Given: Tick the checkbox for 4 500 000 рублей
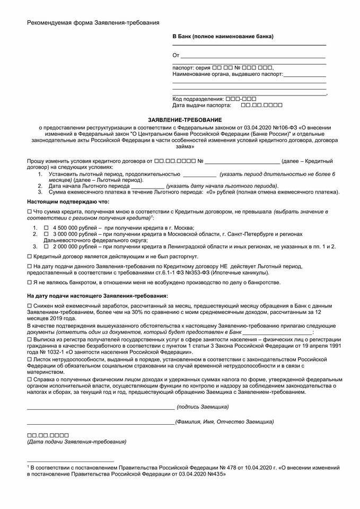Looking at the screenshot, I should (x=46, y=227).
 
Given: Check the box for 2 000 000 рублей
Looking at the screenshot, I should (x=46, y=246).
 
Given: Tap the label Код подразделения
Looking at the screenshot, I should (x=198, y=99).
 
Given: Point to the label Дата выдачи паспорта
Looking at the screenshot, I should (x=203, y=106).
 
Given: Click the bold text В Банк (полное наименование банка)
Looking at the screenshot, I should (x=223, y=36).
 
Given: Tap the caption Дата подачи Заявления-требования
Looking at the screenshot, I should (x=77, y=441).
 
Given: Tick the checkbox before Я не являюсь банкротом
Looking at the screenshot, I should (x=29, y=282).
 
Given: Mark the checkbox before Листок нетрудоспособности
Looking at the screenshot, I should (x=29, y=359).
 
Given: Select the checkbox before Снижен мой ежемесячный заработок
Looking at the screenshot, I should (x=29, y=306).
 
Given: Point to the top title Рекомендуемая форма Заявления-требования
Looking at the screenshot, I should (x=93, y=22).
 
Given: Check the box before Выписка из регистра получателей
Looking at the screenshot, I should (x=29, y=338).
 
